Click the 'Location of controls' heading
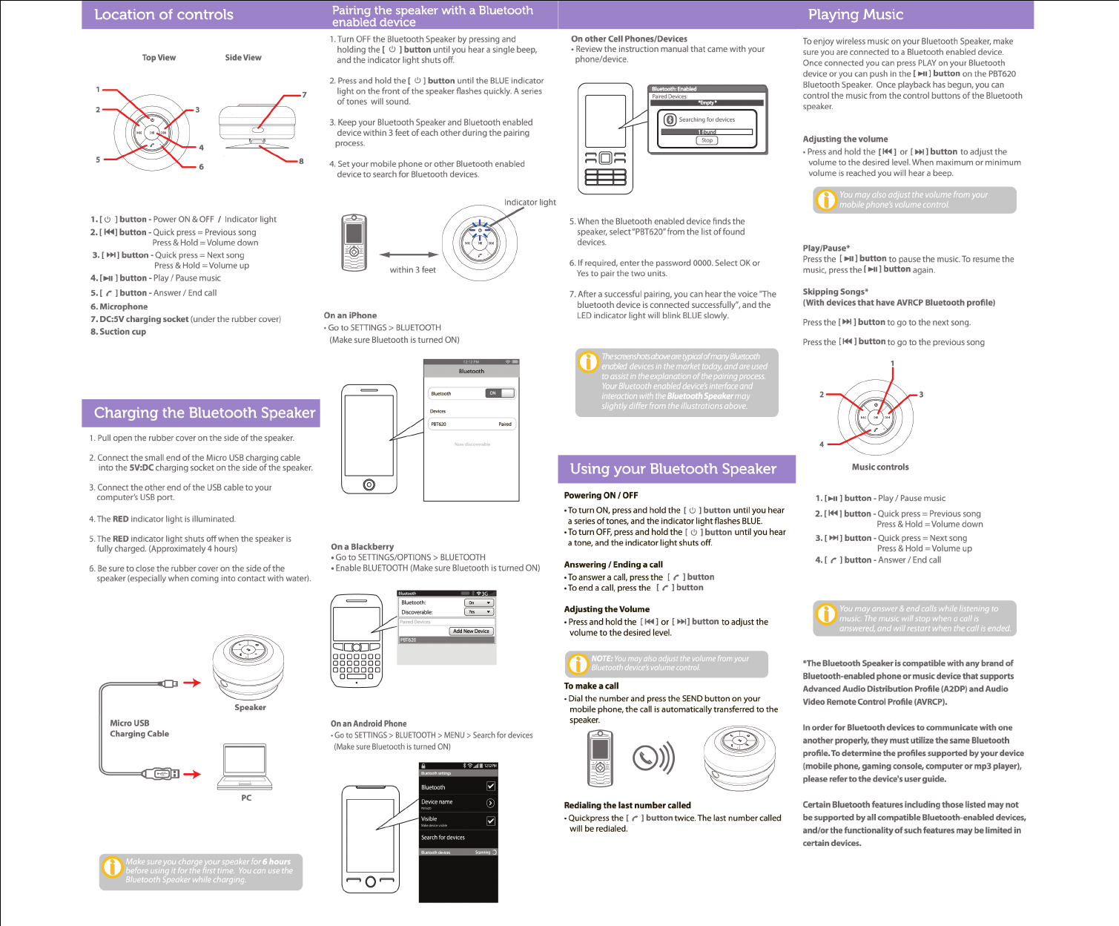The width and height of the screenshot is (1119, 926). pyautogui.click(x=164, y=15)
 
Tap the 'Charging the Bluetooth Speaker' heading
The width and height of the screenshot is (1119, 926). pyautogui.click(x=204, y=413)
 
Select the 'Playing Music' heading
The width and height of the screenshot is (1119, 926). pyautogui.click(x=855, y=15)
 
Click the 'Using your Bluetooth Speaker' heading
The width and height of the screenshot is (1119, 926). pyautogui.click(x=673, y=469)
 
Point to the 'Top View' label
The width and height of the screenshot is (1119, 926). pyautogui.click(x=159, y=58)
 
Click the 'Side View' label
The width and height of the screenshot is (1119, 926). pyautogui.click(x=243, y=58)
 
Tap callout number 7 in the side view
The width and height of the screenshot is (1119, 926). pyautogui.click(x=304, y=95)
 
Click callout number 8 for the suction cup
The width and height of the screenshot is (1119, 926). pyautogui.click(x=301, y=161)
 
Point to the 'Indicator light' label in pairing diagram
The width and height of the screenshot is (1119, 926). pyautogui.click(x=529, y=203)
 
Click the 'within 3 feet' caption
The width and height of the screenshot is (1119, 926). pyautogui.click(x=412, y=270)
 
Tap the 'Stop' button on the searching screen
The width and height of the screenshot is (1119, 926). pyautogui.click(x=707, y=140)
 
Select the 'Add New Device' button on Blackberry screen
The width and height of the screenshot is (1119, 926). pyautogui.click(x=471, y=631)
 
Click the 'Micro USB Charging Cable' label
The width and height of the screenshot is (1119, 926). pyautogui.click(x=139, y=729)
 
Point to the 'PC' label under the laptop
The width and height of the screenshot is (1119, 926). pyautogui.click(x=246, y=798)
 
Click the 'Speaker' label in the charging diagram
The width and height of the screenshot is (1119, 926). pyautogui.click(x=250, y=708)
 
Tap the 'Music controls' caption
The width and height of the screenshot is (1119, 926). pyautogui.click(x=880, y=467)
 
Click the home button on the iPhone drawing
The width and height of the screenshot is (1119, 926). pyautogui.click(x=369, y=485)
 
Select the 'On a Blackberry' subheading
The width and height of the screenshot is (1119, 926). pyautogui.click(x=362, y=547)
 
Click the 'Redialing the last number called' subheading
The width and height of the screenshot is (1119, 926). pyautogui.click(x=627, y=806)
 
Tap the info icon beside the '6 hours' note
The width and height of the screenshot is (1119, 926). pyautogui.click(x=112, y=867)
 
